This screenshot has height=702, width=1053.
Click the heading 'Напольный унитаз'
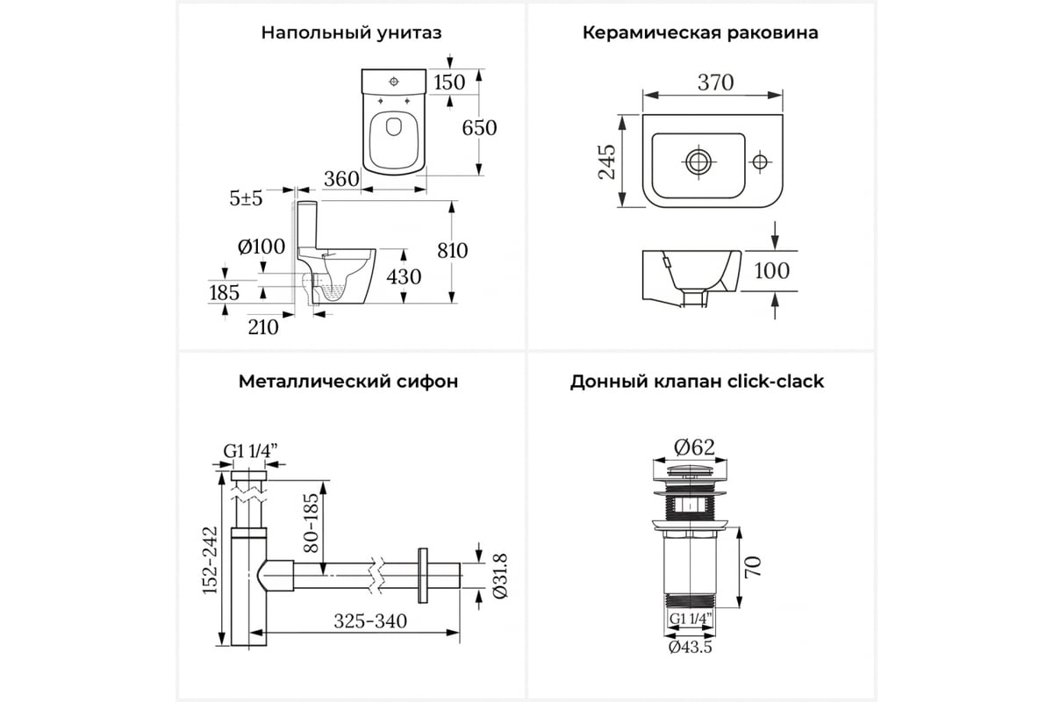click(x=351, y=33)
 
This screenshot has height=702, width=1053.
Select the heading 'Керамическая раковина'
click(x=700, y=33)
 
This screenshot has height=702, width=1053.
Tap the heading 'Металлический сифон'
click(x=348, y=382)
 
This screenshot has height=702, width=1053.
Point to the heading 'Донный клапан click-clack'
click(x=697, y=382)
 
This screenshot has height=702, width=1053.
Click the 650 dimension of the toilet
click(x=479, y=128)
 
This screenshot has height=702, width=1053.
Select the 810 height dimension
click(x=452, y=251)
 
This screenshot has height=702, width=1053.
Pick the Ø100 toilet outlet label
click(x=261, y=247)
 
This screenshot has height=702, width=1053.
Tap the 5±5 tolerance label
click(x=246, y=198)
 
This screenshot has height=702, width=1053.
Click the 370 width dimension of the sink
click(x=715, y=82)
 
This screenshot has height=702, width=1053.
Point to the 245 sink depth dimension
click(x=607, y=161)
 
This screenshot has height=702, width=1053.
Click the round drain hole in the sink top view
click(x=698, y=162)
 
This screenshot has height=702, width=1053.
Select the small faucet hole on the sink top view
click(x=760, y=162)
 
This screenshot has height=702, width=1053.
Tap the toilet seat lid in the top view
click(x=394, y=141)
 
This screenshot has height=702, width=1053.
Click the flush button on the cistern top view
click(x=394, y=82)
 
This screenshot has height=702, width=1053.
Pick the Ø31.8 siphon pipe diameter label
click(x=500, y=576)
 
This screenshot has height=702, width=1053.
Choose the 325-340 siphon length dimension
click(x=370, y=621)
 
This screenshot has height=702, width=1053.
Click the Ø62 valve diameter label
click(x=694, y=448)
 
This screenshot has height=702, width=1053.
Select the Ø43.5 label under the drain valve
click(x=690, y=648)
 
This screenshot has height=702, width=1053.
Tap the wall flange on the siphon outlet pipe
click(x=423, y=576)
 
